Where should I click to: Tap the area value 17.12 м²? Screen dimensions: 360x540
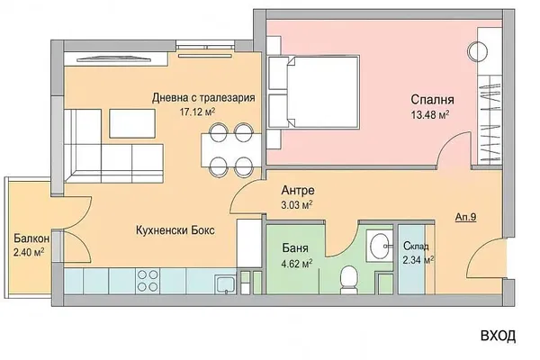click(x=200, y=112)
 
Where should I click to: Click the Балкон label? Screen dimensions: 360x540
click(x=31, y=238)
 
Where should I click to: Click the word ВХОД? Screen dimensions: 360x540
click(x=497, y=337)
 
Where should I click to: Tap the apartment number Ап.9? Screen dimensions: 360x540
click(x=466, y=216)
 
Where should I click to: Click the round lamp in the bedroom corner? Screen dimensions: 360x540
click(x=481, y=49)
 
